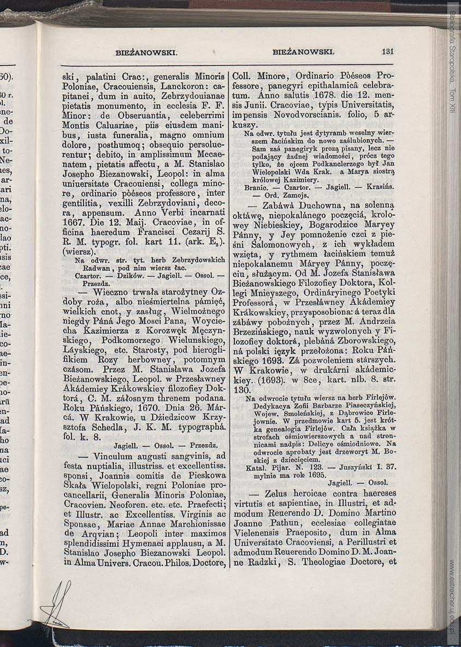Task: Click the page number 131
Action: pyautogui.click(x=388, y=51)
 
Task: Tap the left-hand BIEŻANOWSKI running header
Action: pyautogui.click(x=146, y=52)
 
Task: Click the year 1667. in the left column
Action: pyautogui.click(x=75, y=223)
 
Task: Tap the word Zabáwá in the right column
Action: pyautogui.click(x=282, y=205)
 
